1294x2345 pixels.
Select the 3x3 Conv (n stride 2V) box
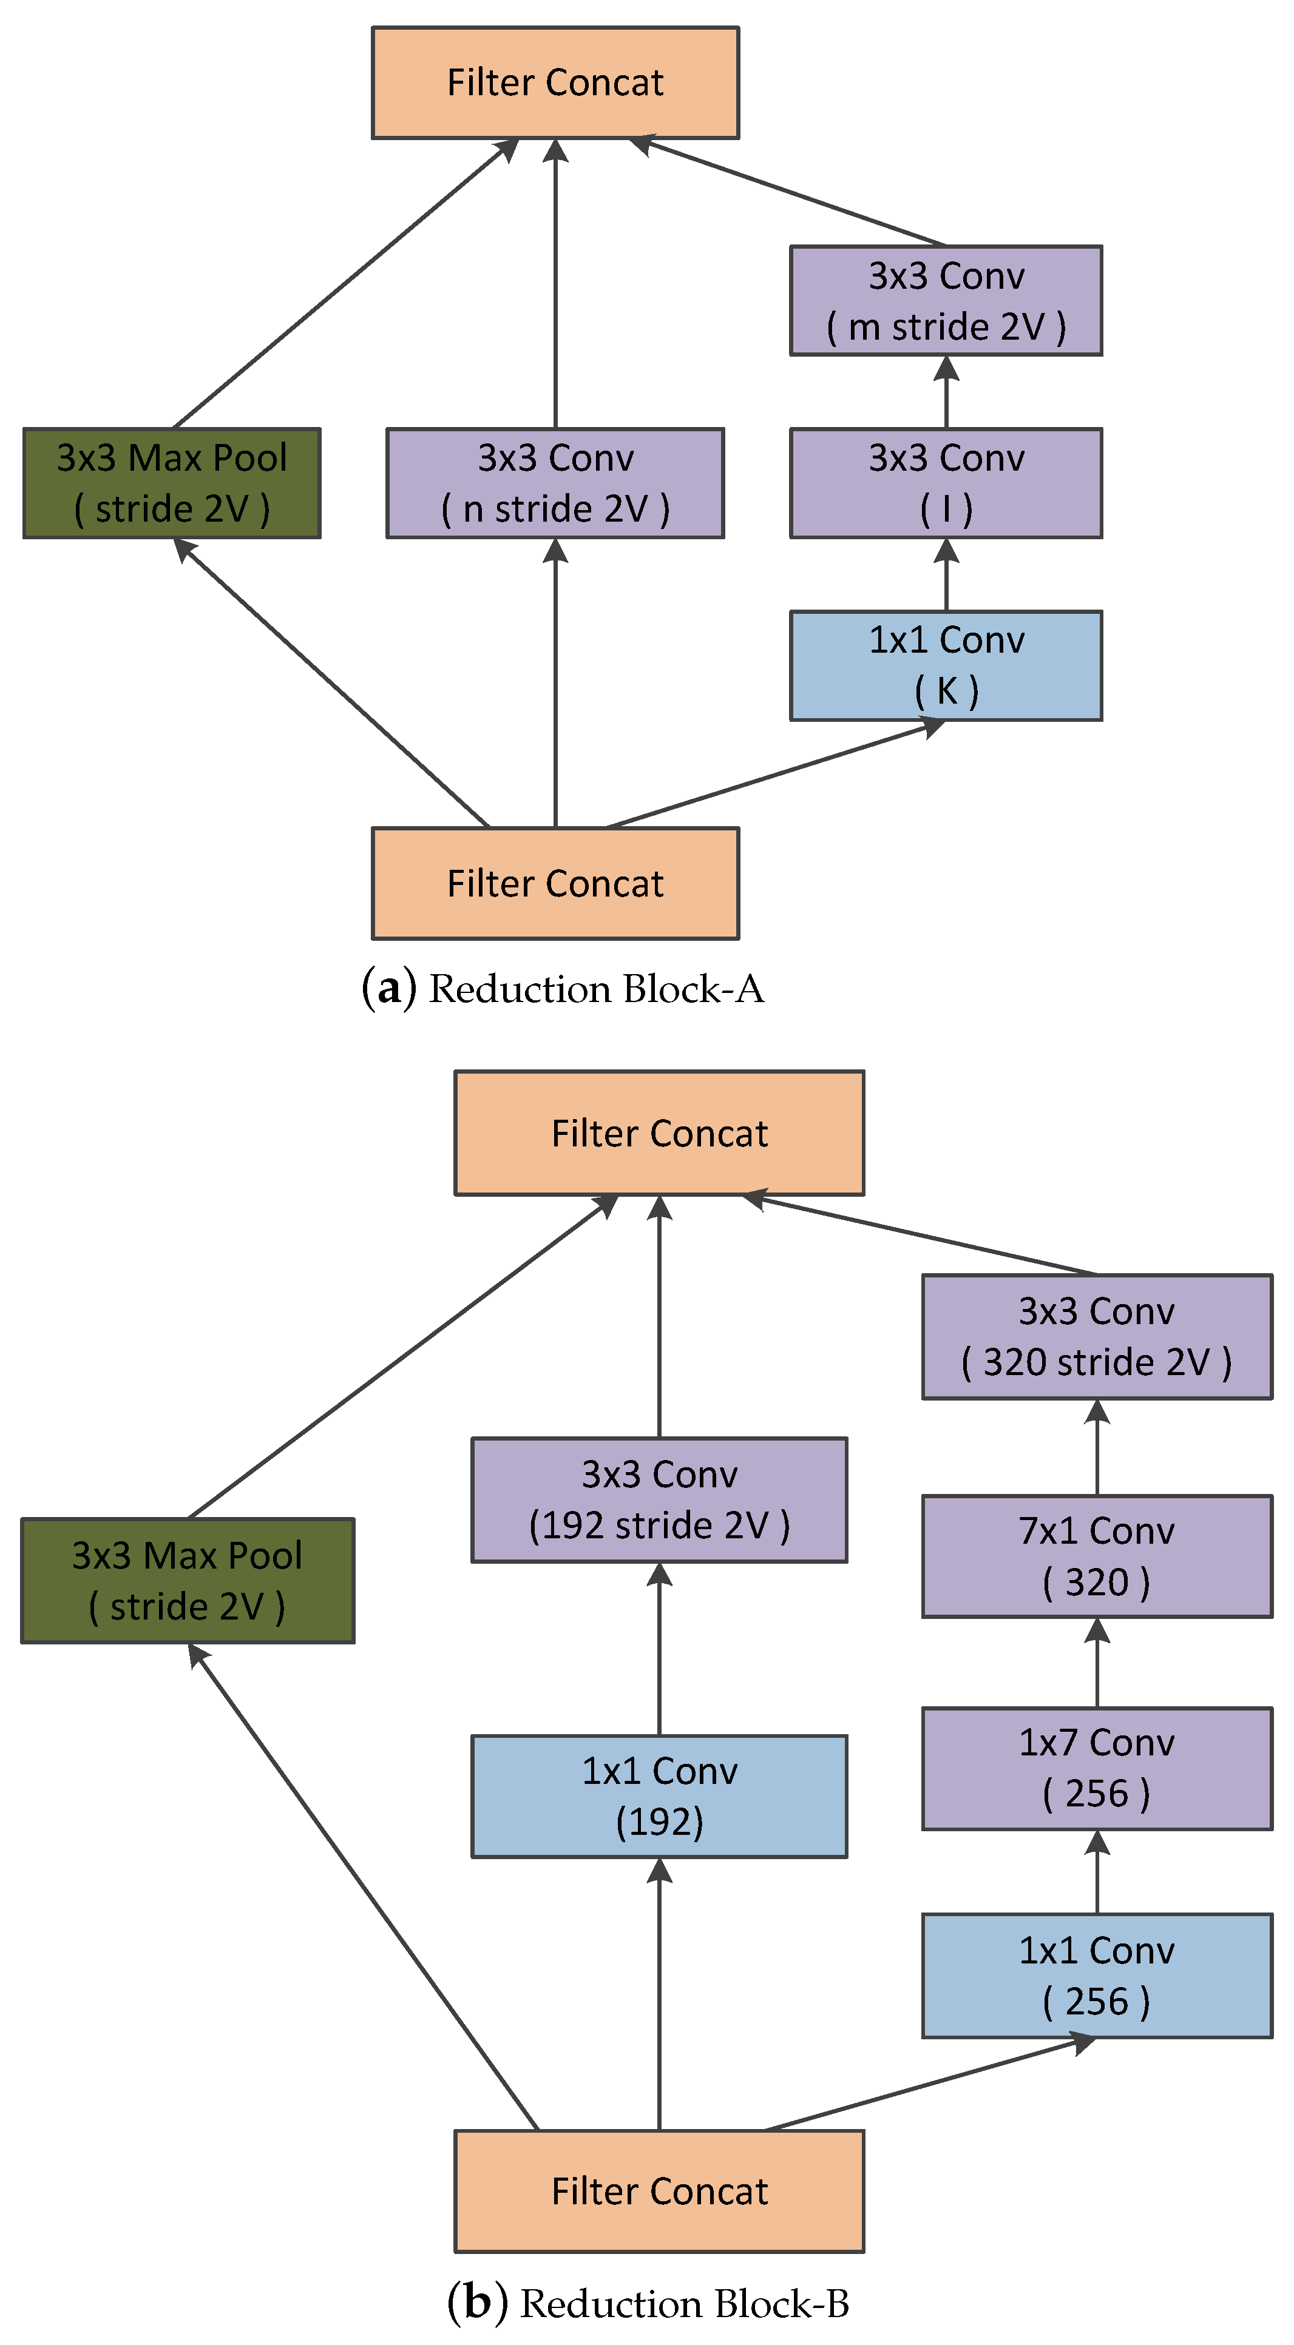click(555, 482)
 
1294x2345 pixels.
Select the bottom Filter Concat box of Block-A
click(555, 883)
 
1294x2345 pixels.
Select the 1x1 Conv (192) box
click(659, 1795)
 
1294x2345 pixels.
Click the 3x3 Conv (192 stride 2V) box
click(659, 1499)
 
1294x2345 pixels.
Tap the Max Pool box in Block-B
click(187, 1580)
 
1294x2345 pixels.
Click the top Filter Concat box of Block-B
click(659, 1132)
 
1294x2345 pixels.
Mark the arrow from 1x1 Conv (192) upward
click(659, 1647)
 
